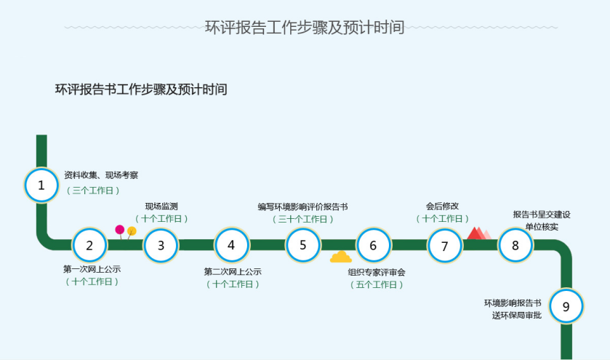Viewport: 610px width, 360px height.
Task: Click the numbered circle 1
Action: click(41, 185)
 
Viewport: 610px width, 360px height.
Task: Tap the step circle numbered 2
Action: click(90, 245)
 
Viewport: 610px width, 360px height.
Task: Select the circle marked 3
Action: click(161, 245)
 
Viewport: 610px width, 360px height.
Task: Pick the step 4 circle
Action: click(231, 245)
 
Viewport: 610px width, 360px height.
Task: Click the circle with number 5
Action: click(302, 245)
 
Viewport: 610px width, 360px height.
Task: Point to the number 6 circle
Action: click(373, 245)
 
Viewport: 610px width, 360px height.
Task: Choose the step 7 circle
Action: click(444, 246)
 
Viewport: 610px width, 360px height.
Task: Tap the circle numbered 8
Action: click(515, 245)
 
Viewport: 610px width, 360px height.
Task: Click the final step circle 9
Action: click(566, 306)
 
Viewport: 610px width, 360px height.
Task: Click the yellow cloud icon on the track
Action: click(340, 257)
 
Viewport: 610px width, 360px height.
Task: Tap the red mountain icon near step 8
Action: click(478, 233)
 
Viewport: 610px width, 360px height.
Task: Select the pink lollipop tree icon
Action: click(120, 231)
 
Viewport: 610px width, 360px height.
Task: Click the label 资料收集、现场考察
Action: click(101, 175)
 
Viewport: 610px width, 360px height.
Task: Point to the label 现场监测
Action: click(161, 206)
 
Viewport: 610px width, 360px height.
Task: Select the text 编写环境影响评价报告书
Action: click(302, 207)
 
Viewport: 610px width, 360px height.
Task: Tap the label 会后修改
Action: click(442, 206)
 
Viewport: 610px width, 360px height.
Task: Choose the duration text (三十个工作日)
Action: click(302, 219)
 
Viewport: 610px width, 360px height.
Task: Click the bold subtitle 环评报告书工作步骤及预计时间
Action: click(141, 89)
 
